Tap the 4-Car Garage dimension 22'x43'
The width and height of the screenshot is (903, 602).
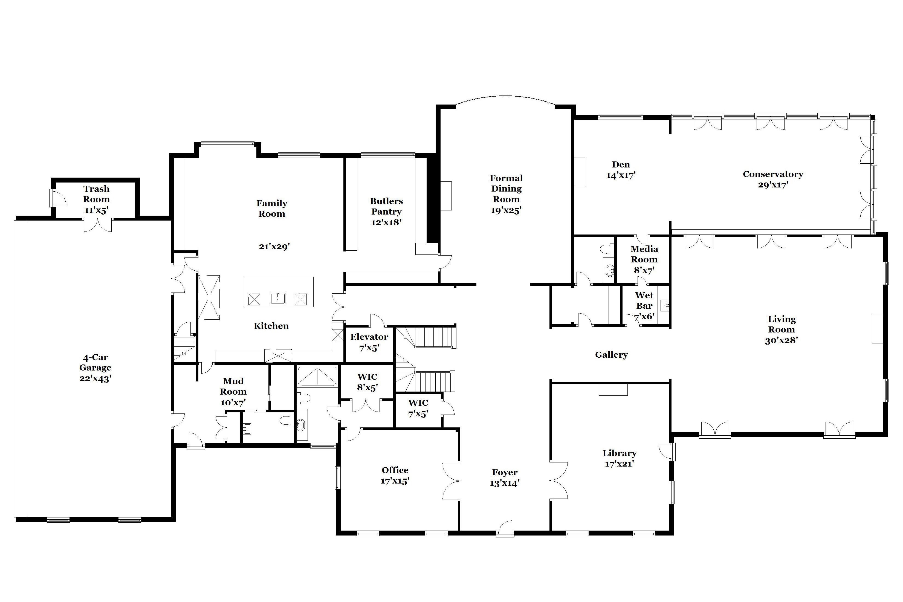pos(95,378)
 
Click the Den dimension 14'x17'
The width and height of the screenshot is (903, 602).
pos(621,175)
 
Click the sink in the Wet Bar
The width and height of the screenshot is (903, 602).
pos(665,306)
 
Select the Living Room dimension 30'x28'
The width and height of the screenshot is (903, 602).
pos(782,340)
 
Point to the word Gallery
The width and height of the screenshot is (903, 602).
pos(612,355)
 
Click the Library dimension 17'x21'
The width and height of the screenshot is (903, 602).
pos(619,464)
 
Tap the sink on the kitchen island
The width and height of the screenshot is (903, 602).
pos(277,298)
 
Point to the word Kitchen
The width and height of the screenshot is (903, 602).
pos(271,326)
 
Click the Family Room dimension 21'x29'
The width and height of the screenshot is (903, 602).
pos(274,247)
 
